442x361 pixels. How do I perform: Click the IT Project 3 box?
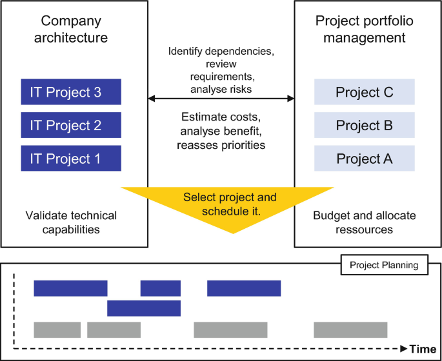coord(71,92)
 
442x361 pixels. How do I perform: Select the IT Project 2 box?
coord(71,124)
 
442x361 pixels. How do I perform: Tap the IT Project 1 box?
coord(71,158)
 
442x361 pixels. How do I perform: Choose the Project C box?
coord(364,92)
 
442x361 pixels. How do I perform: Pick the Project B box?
coord(364,124)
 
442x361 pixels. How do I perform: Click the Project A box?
coord(364,158)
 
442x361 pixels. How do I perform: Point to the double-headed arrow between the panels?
coord(221,99)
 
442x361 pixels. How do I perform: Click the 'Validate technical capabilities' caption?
coord(71,222)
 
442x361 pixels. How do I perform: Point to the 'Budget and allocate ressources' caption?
coord(364,222)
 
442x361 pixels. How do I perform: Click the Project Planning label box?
coord(384,264)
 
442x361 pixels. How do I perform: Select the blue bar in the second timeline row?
coord(144,308)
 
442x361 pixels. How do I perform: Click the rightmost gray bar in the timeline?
coord(350,329)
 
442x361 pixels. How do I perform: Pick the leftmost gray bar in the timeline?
coord(57,329)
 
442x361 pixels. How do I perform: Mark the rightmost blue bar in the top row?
coord(244,288)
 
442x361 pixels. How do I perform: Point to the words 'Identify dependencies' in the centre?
coord(221,51)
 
